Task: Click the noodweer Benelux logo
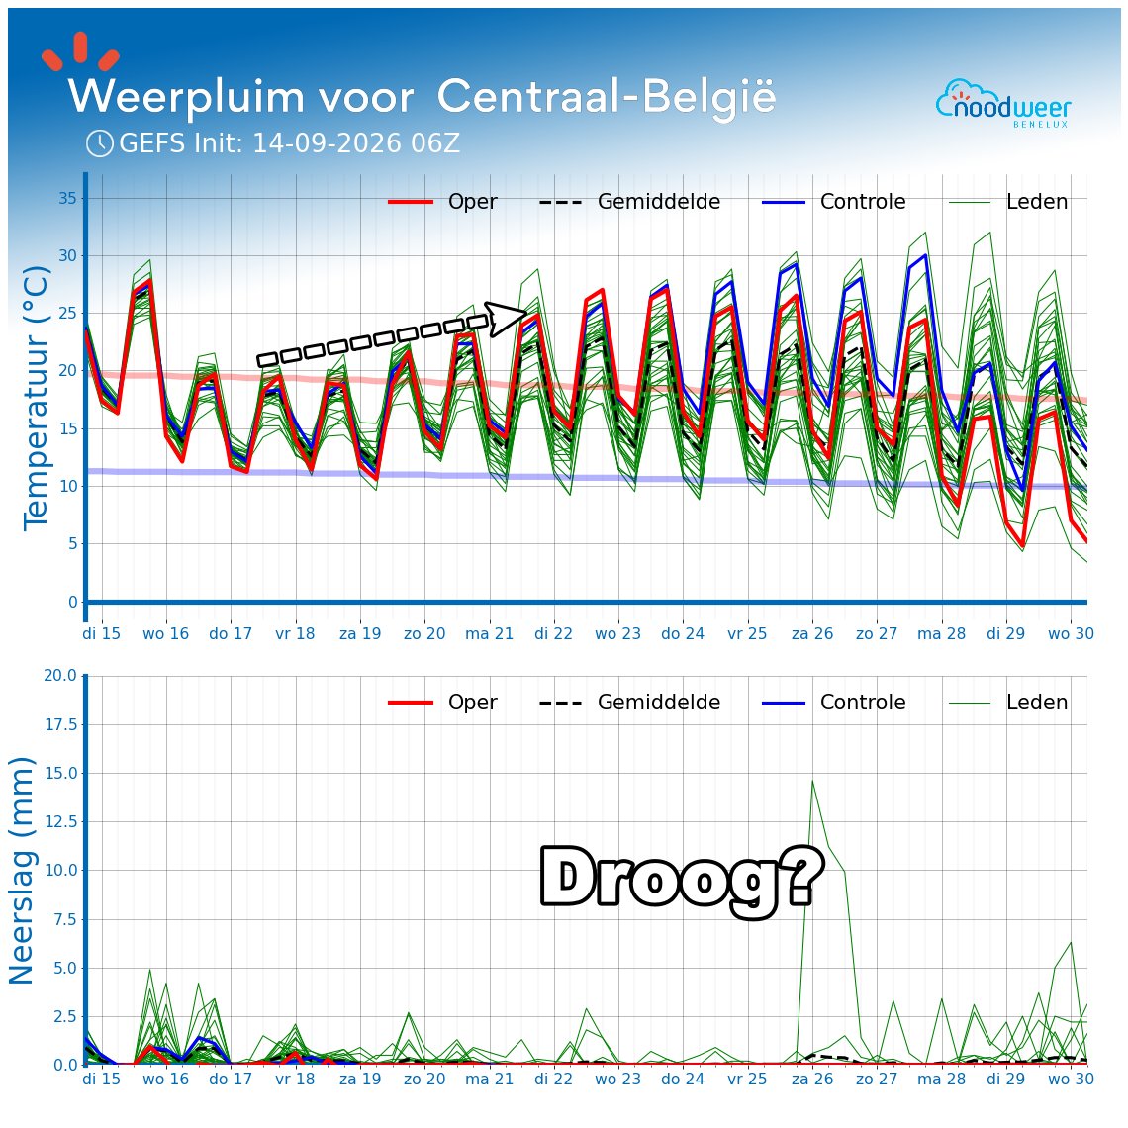click(x=1002, y=103)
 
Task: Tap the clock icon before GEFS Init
click(x=99, y=143)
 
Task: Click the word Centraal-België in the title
click(x=607, y=97)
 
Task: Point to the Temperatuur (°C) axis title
click(x=35, y=398)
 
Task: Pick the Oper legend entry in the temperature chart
click(x=442, y=202)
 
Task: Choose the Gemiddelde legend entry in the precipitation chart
click(x=629, y=703)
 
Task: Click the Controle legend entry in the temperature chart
click(x=834, y=202)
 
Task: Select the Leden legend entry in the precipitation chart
click(x=1008, y=703)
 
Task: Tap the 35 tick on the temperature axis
click(x=67, y=198)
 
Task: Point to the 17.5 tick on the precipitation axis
click(x=60, y=723)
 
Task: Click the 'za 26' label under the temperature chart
click(x=812, y=634)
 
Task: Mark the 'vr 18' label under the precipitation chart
click(x=295, y=1080)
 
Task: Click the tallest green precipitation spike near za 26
click(x=812, y=781)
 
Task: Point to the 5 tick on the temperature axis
click(x=72, y=544)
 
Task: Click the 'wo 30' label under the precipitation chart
click(x=1071, y=1080)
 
